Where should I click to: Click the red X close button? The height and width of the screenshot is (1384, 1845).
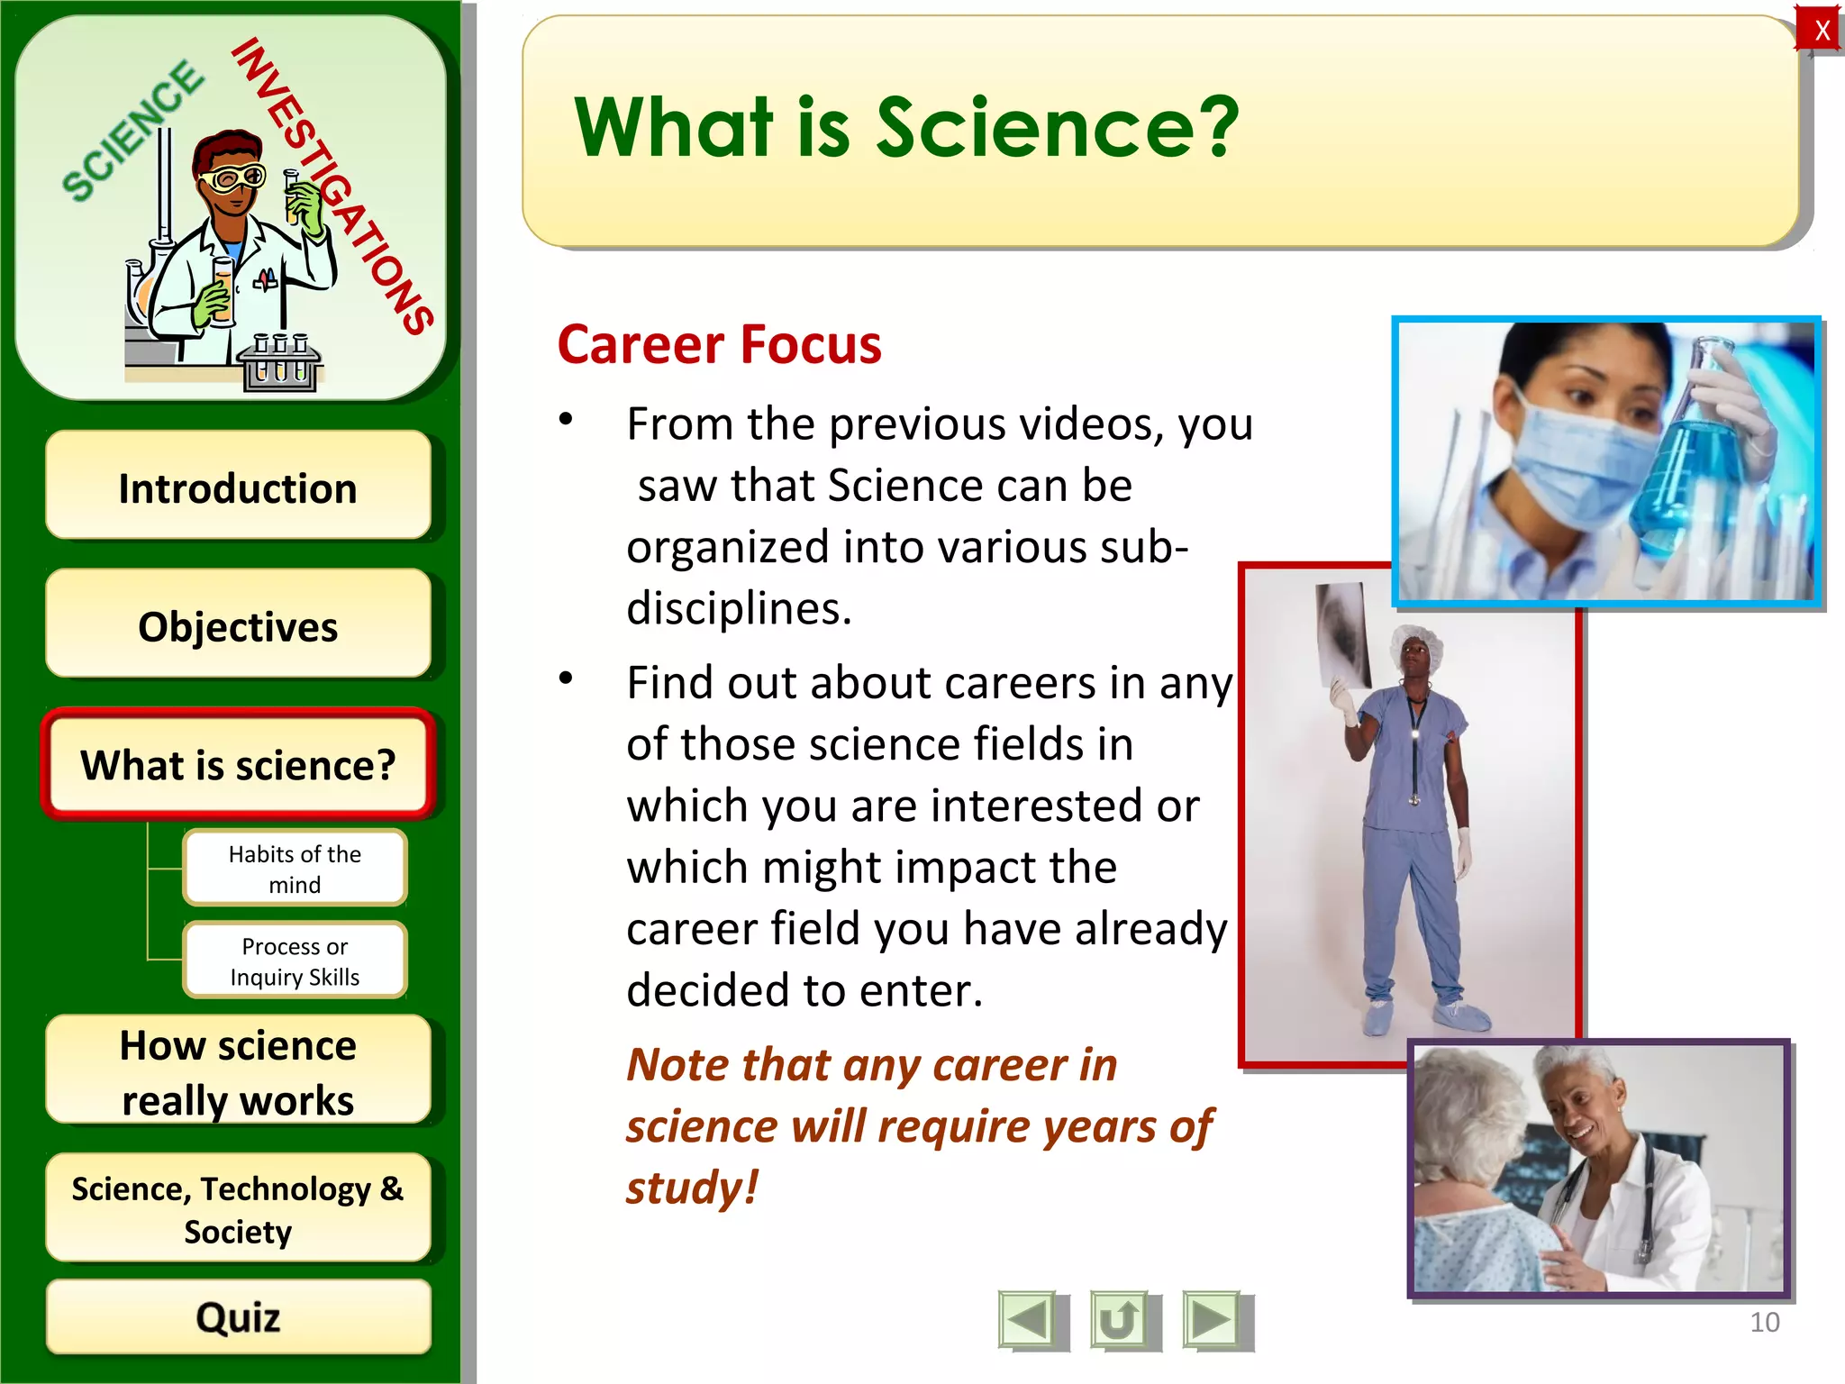1821,30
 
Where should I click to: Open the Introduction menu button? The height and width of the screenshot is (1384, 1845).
238,487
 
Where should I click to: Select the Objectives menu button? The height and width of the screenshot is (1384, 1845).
238,625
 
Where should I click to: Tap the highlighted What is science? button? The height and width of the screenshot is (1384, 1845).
238,764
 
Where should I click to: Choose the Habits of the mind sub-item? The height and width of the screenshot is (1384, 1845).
295,868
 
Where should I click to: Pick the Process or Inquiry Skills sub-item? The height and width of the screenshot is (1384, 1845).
295,961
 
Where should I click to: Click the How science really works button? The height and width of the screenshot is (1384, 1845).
238,1071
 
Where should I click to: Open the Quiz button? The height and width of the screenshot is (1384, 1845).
238,1316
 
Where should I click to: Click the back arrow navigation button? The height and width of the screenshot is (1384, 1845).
1029,1321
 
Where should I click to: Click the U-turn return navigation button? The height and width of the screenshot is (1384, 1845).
1120,1321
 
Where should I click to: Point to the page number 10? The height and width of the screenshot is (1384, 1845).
1764,1322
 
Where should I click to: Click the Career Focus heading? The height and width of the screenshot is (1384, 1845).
719,345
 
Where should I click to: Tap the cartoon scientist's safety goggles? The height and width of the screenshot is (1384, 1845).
232,178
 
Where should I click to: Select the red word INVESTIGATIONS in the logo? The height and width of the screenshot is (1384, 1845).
333,185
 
